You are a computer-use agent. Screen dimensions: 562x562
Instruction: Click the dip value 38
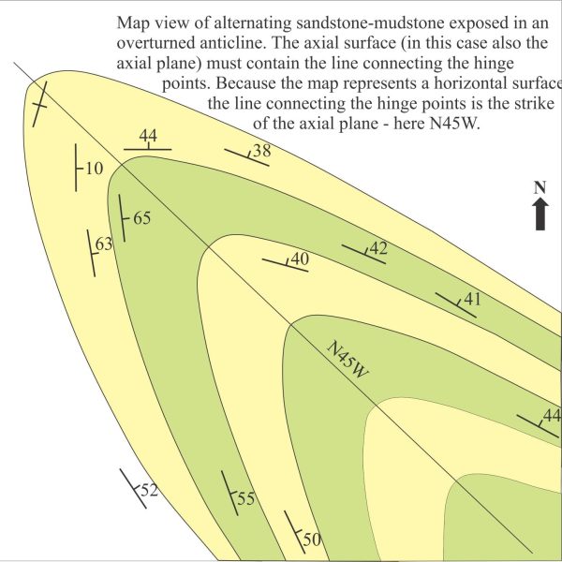pyautogui.click(x=262, y=151)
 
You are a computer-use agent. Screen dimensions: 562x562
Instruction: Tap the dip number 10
pyautogui.click(x=95, y=168)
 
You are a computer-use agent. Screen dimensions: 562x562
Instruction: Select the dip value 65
pyautogui.click(x=142, y=218)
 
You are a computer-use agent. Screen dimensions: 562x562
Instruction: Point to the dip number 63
pyautogui.click(x=104, y=244)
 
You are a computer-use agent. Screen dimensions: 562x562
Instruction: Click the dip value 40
pyautogui.click(x=300, y=259)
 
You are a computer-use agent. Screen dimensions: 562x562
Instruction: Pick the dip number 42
pyautogui.click(x=378, y=248)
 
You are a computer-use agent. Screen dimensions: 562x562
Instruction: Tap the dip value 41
pyautogui.click(x=472, y=299)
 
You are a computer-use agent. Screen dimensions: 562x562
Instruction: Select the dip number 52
pyautogui.click(x=149, y=490)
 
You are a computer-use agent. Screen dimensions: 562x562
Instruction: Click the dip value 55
pyautogui.click(x=245, y=498)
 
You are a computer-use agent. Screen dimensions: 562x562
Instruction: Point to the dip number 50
pyautogui.click(x=312, y=540)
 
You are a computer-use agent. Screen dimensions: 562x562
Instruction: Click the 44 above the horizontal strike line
pyautogui.click(x=148, y=136)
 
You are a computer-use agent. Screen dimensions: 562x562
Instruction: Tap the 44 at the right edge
pyautogui.click(x=552, y=416)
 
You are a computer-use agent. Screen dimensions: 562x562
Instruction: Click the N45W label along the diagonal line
pyautogui.click(x=348, y=359)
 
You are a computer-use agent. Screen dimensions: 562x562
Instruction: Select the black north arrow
pyautogui.click(x=540, y=214)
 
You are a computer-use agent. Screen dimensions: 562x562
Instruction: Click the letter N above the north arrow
pyautogui.click(x=540, y=187)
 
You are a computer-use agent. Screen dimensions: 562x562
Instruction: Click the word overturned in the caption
pyautogui.click(x=155, y=43)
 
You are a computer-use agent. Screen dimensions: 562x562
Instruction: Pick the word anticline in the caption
pyautogui.click(x=233, y=43)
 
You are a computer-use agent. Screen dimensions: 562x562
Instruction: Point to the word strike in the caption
pyautogui.click(x=534, y=103)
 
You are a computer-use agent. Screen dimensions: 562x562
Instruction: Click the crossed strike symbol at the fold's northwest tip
pyautogui.click(x=39, y=104)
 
